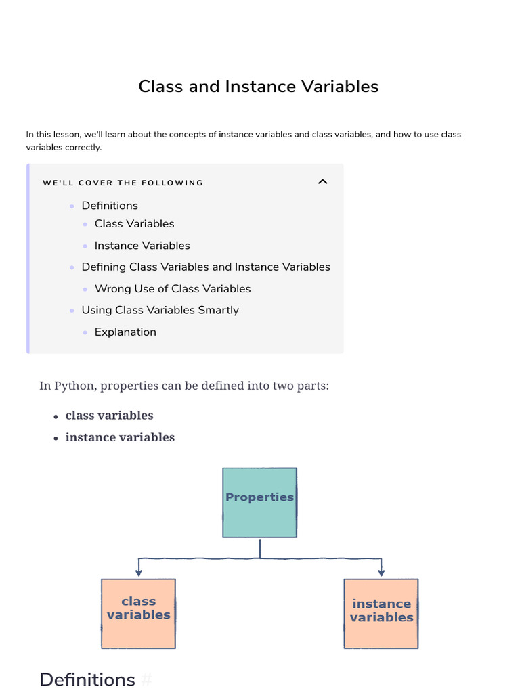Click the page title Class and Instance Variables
pyautogui.click(x=259, y=87)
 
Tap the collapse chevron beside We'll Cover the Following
pyautogui.click(x=323, y=181)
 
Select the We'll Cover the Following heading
pyautogui.click(x=123, y=183)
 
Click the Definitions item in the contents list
pyautogui.click(x=110, y=206)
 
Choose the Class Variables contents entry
pyautogui.click(x=134, y=224)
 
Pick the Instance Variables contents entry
pyautogui.click(x=142, y=246)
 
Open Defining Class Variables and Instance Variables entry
pyautogui.click(x=206, y=267)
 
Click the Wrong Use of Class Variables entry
pyautogui.click(x=173, y=289)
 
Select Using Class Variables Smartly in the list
pyautogui.click(x=160, y=311)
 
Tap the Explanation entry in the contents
pyautogui.click(x=125, y=332)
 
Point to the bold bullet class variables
pyautogui.click(x=109, y=416)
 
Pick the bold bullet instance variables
pyautogui.click(x=120, y=437)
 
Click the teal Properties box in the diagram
pyautogui.click(x=259, y=502)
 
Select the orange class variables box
pyautogui.click(x=138, y=613)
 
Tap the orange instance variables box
pyautogui.click(x=381, y=613)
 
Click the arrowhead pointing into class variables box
pyautogui.click(x=139, y=574)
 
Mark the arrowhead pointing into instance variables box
pyautogui.click(x=381, y=574)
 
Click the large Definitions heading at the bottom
pyautogui.click(x=87, y=679)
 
